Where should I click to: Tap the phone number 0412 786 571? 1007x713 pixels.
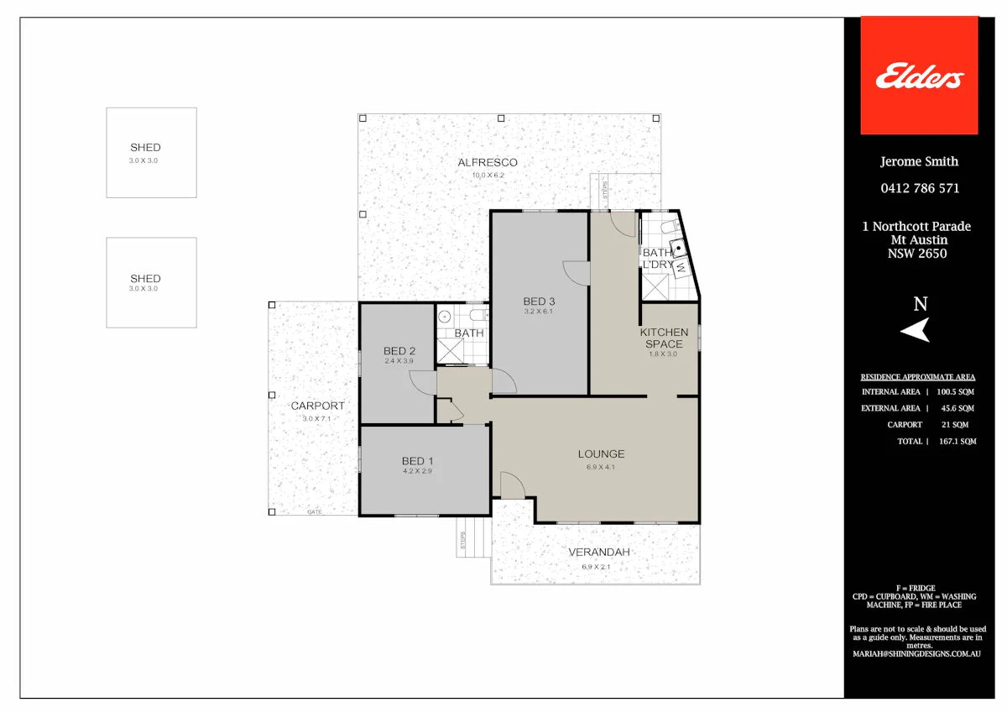pyautogui.click(x=920, y=188)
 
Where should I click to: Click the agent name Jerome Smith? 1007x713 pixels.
pyautogui.click(x=919, y=161)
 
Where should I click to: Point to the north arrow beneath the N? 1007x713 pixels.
pyautogui.click(x=916, y=330)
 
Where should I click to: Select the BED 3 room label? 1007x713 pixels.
pyautogui.click(x=539, y=301)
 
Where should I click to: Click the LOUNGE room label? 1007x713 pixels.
pyautogui.click(x=601, y=453)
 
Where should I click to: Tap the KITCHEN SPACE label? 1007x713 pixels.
pyautogui.click(x=664, y=338)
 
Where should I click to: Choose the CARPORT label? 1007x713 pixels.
pyautogui.click(x=317, y=406)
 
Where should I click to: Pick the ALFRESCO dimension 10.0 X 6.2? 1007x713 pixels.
pyautogui.click(x=488, y=175)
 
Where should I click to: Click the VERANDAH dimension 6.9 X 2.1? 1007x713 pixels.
pyautogui.click(x=596, y=567)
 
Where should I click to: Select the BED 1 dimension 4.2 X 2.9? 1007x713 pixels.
pyautogui.click(x=417, y=471)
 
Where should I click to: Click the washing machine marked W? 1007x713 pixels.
pyautogui.click(x=681, y=268)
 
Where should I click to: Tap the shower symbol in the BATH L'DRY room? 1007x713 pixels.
pyautogui.click(x=655, y=287)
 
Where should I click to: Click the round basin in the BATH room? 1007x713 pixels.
pyautogui.click(x=445, y=317)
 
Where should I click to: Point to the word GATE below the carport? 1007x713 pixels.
pyautogui.click(x=314, y=512)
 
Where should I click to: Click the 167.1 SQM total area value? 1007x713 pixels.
pyautogui.click(x=957, y=441)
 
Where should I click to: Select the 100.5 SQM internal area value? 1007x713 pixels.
pyautogui.click(x=955, y=392)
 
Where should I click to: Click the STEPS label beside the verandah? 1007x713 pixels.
pyautogui.click(x=462, y=540)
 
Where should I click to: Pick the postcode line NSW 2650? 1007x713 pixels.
pyautogui.click(x=917, y=254)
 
